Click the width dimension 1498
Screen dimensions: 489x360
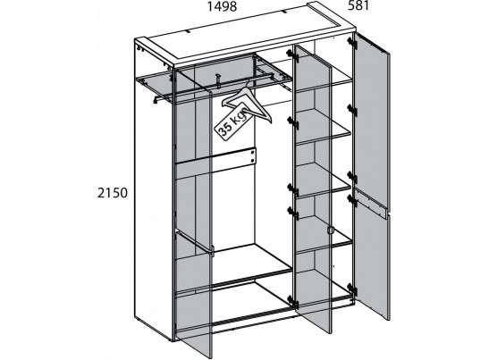pos(223,6)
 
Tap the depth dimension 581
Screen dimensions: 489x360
pos(358,5)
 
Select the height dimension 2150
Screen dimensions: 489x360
pos(113,193)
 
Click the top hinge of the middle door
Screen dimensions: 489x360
pos(292,55)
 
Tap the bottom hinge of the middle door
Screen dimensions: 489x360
pos(292,301)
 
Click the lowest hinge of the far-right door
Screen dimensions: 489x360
pos(352,289)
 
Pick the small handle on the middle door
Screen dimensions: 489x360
pos(331,230)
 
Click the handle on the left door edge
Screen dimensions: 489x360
pos(212,251)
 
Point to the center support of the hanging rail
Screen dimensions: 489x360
pos(219,80)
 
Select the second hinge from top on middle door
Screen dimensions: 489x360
pos(292,122)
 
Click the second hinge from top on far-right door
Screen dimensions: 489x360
pos(352,110)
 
